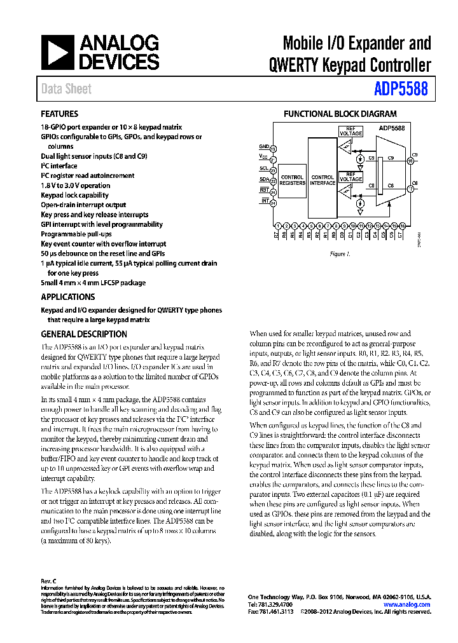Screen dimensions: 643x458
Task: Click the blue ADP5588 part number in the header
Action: click(401, 90)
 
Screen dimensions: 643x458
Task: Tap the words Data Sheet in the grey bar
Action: click(66, 90)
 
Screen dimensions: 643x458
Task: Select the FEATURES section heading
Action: click(59, 114)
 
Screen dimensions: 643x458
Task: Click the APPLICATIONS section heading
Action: click(67, 297)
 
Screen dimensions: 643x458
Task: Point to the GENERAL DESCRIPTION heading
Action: click(84, 334)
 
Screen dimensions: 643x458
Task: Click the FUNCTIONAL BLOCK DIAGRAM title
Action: click(340, 114)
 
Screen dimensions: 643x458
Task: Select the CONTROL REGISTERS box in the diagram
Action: click(292, 180)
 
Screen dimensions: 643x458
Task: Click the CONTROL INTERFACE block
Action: click(323, 180)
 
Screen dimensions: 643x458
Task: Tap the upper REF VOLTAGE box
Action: click(350, 131)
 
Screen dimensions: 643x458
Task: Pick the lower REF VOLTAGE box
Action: click(350, 176)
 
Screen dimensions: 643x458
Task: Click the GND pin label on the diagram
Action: click(263, 146)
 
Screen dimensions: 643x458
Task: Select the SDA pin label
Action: click(263, 179)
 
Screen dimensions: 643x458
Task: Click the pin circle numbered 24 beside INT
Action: click(273, 203)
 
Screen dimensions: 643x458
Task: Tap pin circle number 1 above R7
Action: click(278, 226)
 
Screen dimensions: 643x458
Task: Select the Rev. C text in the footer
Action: click(49, 581)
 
